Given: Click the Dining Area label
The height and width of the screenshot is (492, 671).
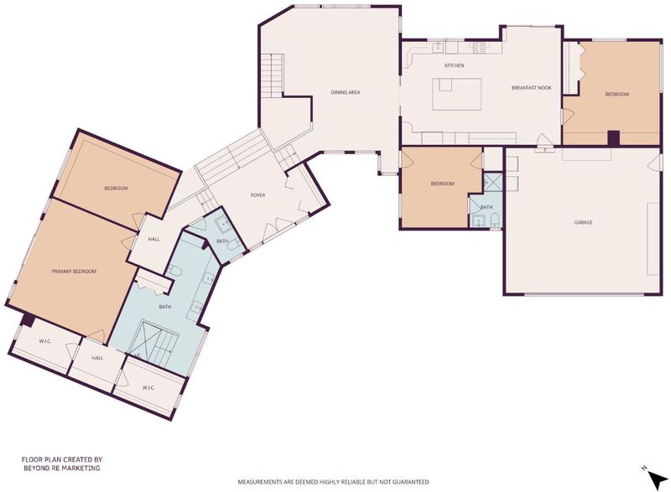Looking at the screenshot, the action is [x=346, y=92].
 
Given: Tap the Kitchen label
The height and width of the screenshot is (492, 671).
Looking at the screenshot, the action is [x=454, y=65].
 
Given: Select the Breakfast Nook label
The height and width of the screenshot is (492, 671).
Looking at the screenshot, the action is [x=532, y=88].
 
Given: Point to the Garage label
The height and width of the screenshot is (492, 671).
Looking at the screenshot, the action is [x=583, y=222].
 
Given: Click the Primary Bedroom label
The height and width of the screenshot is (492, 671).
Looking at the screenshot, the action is [x=74, y=272].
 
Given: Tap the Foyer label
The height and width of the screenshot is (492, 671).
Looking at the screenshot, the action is [x=257, y=195].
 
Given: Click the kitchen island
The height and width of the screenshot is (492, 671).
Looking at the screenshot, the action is [x=456, y=94].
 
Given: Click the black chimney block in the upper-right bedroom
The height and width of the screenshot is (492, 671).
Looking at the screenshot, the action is [x=614, y=138].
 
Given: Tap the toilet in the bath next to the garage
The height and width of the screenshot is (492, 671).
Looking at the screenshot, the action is [x=495, y=220].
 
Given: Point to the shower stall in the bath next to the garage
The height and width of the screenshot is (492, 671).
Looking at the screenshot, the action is [x=493, y=182].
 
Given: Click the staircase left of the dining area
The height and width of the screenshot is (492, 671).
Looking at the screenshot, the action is [x=272, y=75].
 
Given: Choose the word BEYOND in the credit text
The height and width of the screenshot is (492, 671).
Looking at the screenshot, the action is [x=33, y=468].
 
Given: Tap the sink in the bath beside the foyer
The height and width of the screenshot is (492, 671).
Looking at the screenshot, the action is [x=222, y=224].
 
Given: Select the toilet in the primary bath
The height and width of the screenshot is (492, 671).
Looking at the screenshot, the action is [x=175, y=270].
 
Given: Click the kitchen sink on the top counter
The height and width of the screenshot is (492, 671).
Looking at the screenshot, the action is [x=438, y=47].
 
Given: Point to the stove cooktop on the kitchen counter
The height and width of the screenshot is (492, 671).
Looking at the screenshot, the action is [x=479, y=47].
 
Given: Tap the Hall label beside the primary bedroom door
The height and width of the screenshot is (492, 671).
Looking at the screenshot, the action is [x=154, y=240].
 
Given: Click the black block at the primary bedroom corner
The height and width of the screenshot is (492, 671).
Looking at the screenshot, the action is [x=29, y=319].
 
